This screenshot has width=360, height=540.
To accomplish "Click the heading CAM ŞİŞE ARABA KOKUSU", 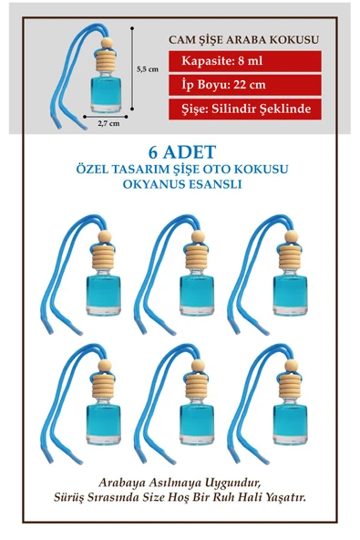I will click(244, 41).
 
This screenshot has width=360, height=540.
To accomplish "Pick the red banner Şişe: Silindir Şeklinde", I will click(245, 109).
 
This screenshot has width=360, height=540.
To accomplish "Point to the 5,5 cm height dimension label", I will click(148, 68).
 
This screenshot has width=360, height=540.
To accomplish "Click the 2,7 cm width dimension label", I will click(108, 125).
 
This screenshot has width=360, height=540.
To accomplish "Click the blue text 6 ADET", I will click(180, 152).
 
